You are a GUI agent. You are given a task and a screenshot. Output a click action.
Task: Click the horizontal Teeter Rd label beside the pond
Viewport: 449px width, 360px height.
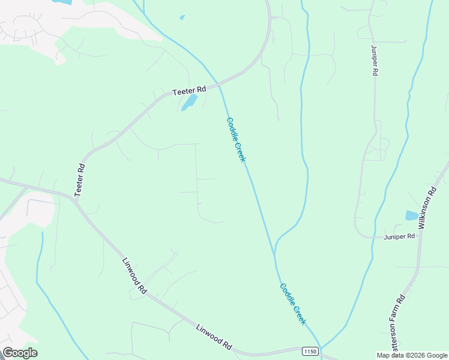coord(189,90)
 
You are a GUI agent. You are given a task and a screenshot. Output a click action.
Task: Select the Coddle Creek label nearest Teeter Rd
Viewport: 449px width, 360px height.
coord(236,139)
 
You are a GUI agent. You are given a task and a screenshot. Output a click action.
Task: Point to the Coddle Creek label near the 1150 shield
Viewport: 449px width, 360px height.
coord(293,304)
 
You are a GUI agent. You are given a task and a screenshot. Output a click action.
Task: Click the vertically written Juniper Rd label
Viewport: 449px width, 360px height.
coord(374,61)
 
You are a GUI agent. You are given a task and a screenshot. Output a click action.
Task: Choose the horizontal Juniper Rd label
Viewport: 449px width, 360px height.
coord(399,236)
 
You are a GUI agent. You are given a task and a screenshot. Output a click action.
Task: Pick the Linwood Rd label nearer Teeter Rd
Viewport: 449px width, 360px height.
coord(134,275)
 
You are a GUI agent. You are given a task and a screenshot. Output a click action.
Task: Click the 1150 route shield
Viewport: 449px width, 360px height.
coord(310,351)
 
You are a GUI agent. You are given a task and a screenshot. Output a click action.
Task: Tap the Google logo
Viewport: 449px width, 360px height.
coord(20,353)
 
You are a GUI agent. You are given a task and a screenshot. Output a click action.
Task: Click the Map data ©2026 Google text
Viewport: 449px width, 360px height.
coord(412,355)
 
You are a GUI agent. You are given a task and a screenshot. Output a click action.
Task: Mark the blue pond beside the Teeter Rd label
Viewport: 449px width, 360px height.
coord(190,102)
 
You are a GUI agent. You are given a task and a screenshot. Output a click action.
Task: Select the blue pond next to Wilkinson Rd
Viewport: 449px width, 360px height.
coord(412,215)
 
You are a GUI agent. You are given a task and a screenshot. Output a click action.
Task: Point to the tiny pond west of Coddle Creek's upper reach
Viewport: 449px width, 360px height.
coord(182,17)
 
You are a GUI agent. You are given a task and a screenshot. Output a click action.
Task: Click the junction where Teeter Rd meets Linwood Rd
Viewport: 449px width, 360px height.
coord(74,199)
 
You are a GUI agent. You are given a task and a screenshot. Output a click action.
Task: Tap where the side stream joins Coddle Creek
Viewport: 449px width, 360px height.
coord(275,251)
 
